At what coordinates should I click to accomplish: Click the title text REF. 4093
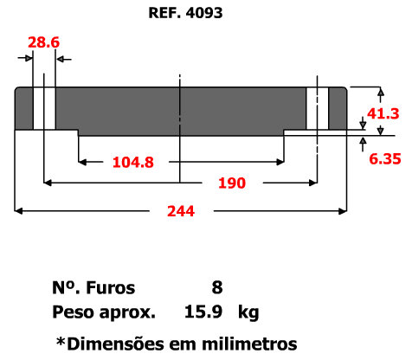point(185,13)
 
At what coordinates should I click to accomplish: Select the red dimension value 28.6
point(43,42)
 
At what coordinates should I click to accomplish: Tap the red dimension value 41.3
point(383,113)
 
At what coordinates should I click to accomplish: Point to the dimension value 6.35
point(385,159)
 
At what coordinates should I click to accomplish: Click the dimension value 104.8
point(133,162)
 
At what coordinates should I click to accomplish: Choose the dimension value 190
point(232,183)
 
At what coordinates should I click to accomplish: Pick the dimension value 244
point(181,211)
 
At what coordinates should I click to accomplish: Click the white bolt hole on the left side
point(44,108)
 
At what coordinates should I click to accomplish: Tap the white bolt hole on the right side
point(318,108)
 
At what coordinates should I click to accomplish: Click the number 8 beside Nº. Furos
point(217,287)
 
